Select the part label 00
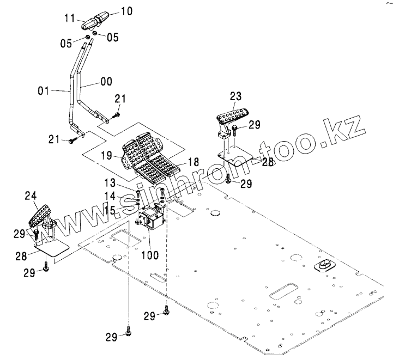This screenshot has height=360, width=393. point(106,81)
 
